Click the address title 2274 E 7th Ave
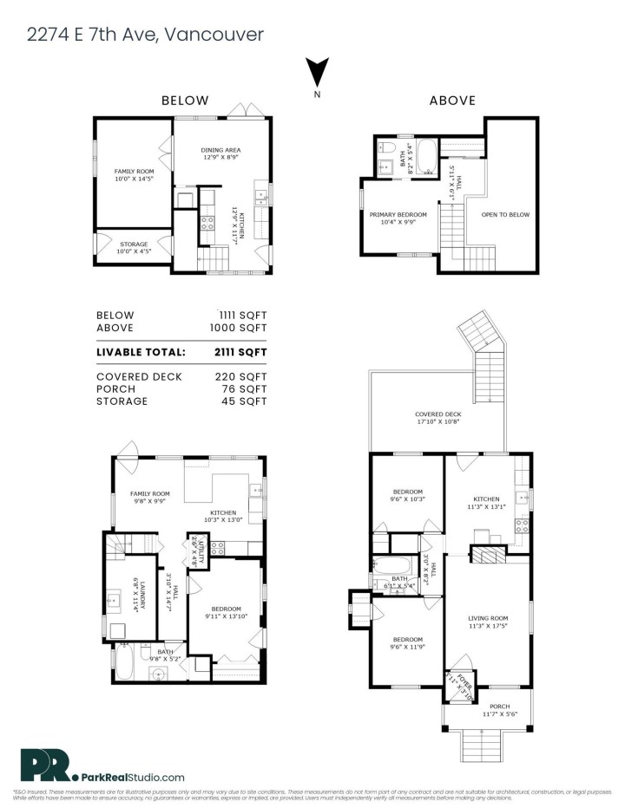pyautogui.click(x=143, y=34)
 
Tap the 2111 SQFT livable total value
pyautogui.click(x=240, y=352)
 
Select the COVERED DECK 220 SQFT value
pyautogui.click(x=240, y=377)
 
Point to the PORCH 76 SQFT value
pyautogui.click(x=245, y=389)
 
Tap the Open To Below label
pyautogui.click(x=504, y=214)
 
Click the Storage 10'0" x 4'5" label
pyautogui.click(x=134, y=248)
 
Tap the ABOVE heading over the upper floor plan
pyautogui.click(x=452, y=101)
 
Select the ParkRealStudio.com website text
pyautogui.click(x=132, y=778)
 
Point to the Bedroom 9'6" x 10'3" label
pyautogui.click(x=406, y=495)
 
